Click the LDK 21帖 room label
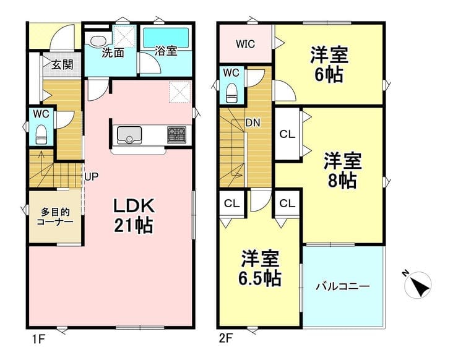click(x=134, y=215)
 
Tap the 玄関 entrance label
click(x=63, y=64)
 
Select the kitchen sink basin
click(x=129, y=135)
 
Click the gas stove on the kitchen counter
click(x=177, y=135)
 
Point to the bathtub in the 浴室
click(x=166, y=36)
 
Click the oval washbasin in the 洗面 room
click(x=98, y=41)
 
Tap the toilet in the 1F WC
click(x=41, y=135)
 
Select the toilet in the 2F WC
click(x=231, y=93)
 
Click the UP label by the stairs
click(x=92, y=176)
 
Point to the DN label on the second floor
click(x=253, y=123)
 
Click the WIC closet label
click(x=245, y=44)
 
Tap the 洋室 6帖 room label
click(x=329, y=65)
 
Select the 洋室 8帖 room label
click(x=342, y=171)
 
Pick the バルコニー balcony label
click(x=343, y=286)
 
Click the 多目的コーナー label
click(x=55, y=216)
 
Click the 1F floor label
click(x=38, y=339)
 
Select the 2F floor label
click(x=225, y=339)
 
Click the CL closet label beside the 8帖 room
click(x=287, y=135)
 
